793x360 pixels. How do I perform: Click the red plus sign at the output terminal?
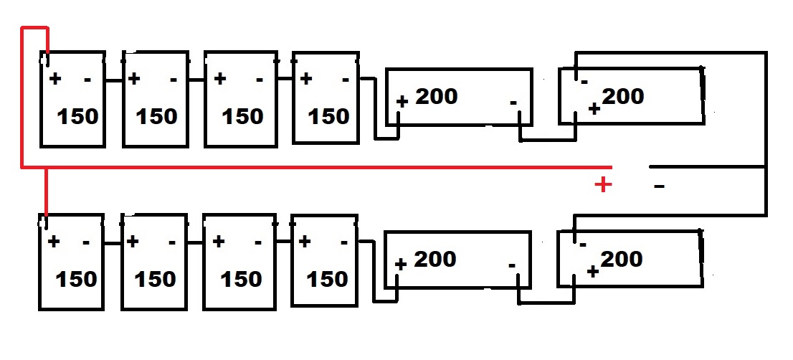point(604,185)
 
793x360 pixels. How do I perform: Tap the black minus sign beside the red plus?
point(660,187)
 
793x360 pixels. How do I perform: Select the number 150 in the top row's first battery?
point(78,116)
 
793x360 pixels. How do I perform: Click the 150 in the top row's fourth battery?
point(329,116)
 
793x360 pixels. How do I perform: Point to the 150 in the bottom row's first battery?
point(77,278)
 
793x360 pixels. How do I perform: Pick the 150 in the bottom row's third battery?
point(242,278)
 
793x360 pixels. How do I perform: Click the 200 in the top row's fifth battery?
point(437,96)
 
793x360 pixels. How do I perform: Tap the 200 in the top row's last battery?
point(623,96)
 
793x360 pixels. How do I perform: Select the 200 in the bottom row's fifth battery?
point(435,259)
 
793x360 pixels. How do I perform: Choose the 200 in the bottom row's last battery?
point(622,259)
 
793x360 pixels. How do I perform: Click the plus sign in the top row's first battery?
point(55,79)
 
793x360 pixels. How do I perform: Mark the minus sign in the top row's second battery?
point(173,80)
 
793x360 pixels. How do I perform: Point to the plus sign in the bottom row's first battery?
point(54,242)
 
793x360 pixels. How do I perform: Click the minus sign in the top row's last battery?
point(584,82)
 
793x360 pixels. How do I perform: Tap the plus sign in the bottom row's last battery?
point(593,271)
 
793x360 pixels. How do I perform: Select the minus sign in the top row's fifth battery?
point(513,103)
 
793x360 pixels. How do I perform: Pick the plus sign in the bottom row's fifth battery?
point(400,265)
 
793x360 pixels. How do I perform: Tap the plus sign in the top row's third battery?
point(220,79)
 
